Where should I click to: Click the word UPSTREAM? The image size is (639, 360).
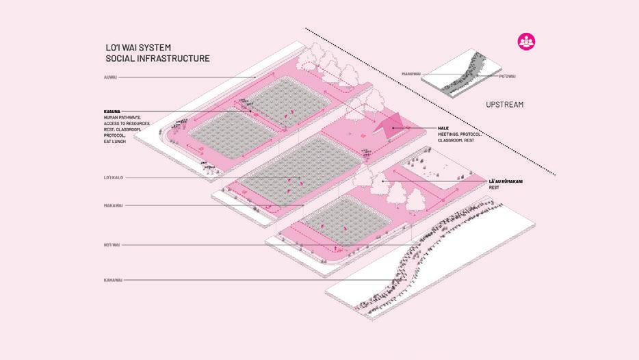[504, 105]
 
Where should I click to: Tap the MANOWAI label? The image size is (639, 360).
[411, 74]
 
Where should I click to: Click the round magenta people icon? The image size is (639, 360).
[526, 40]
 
